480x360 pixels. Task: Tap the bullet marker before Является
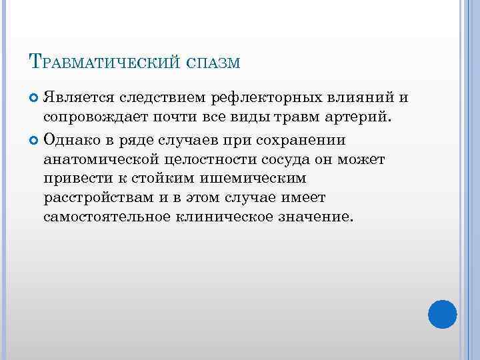[35, 99]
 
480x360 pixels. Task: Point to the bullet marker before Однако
[35, 140]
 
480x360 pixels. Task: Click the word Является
[79, 99]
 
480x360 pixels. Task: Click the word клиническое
[219, 217]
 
